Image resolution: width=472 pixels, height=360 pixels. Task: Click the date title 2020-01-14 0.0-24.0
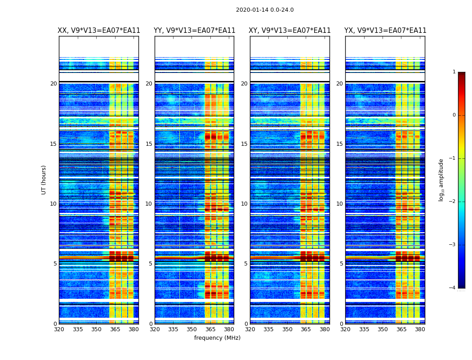coord(265,10)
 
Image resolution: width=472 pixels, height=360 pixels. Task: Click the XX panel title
coord(99,31)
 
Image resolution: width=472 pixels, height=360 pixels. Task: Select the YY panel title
coord(194,31)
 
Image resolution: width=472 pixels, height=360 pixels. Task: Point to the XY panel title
coord(290,31)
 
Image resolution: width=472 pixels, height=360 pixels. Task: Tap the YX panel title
coord(385,31)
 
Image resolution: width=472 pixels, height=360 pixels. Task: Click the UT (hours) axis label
coord(44,180)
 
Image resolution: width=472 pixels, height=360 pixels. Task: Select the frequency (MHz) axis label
coord(217,338)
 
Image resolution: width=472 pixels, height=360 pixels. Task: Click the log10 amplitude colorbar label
coord(441,180)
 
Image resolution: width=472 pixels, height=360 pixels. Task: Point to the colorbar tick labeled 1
coord(454,72)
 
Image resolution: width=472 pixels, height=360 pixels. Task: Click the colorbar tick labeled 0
coord(454,115)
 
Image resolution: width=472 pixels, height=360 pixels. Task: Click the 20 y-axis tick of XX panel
coord(53,84)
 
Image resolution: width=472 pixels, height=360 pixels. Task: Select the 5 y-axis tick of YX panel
coord(341,264)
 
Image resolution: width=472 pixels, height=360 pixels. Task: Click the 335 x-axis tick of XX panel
coord(78,329)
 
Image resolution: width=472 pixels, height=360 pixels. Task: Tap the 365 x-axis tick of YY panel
coord(210,329)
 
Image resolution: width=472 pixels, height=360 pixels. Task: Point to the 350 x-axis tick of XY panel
coord(287,329)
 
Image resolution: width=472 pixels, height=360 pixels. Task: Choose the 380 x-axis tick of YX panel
coord(420,329)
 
